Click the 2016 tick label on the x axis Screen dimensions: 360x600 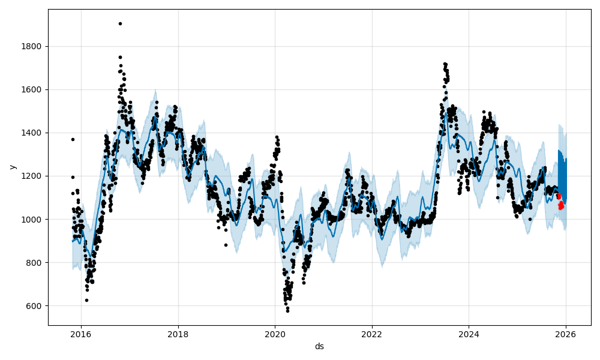pyautogui.click(x=81, y=335)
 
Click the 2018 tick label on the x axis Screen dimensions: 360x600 pyautogui.click(x=178, y=335)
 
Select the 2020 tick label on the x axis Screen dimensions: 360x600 pyautogui.click(x=275, y=335)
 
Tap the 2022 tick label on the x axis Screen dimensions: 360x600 pyautogui.click(x=372, y=335)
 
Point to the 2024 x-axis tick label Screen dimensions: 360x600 pyautogui.click(x=469, y=335)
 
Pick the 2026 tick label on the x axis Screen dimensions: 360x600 pyautogui.click(x=566, y=335)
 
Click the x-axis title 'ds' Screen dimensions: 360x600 pyautogui.click(x=319, y=346)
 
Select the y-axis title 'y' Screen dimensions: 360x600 pyautogui.click(x=11, y=167)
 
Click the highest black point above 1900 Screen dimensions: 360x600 pyautogui.click(x=120, y=23)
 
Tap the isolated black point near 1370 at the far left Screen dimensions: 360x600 pyautogui.click(x=73, y=139)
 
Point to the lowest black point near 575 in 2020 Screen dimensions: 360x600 pyautogui.click(x=287, y=311)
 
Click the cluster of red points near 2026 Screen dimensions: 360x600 pyautogui.click(x=560, y=203)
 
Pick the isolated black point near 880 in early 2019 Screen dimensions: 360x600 pyautogui.click(x=226, y=245)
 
